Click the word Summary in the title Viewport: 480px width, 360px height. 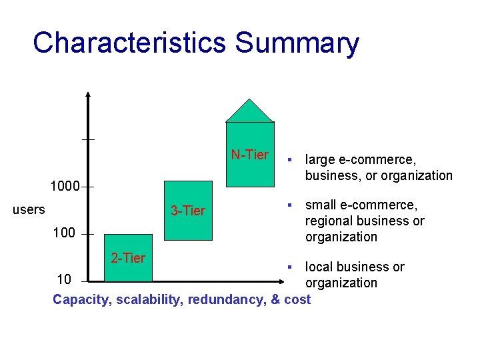coord(297,43)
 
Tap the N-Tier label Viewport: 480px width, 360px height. coord(249,155)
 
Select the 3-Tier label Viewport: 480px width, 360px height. coord(188,211)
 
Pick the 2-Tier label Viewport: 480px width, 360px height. coord(127,258)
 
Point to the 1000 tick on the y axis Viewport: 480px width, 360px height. coord(66,186)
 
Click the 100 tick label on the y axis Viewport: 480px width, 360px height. coord(64,233)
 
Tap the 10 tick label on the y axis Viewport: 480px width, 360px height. coord(64,279)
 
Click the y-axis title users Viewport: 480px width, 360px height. coord(29,209)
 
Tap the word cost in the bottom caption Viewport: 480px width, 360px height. coord(297,299)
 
